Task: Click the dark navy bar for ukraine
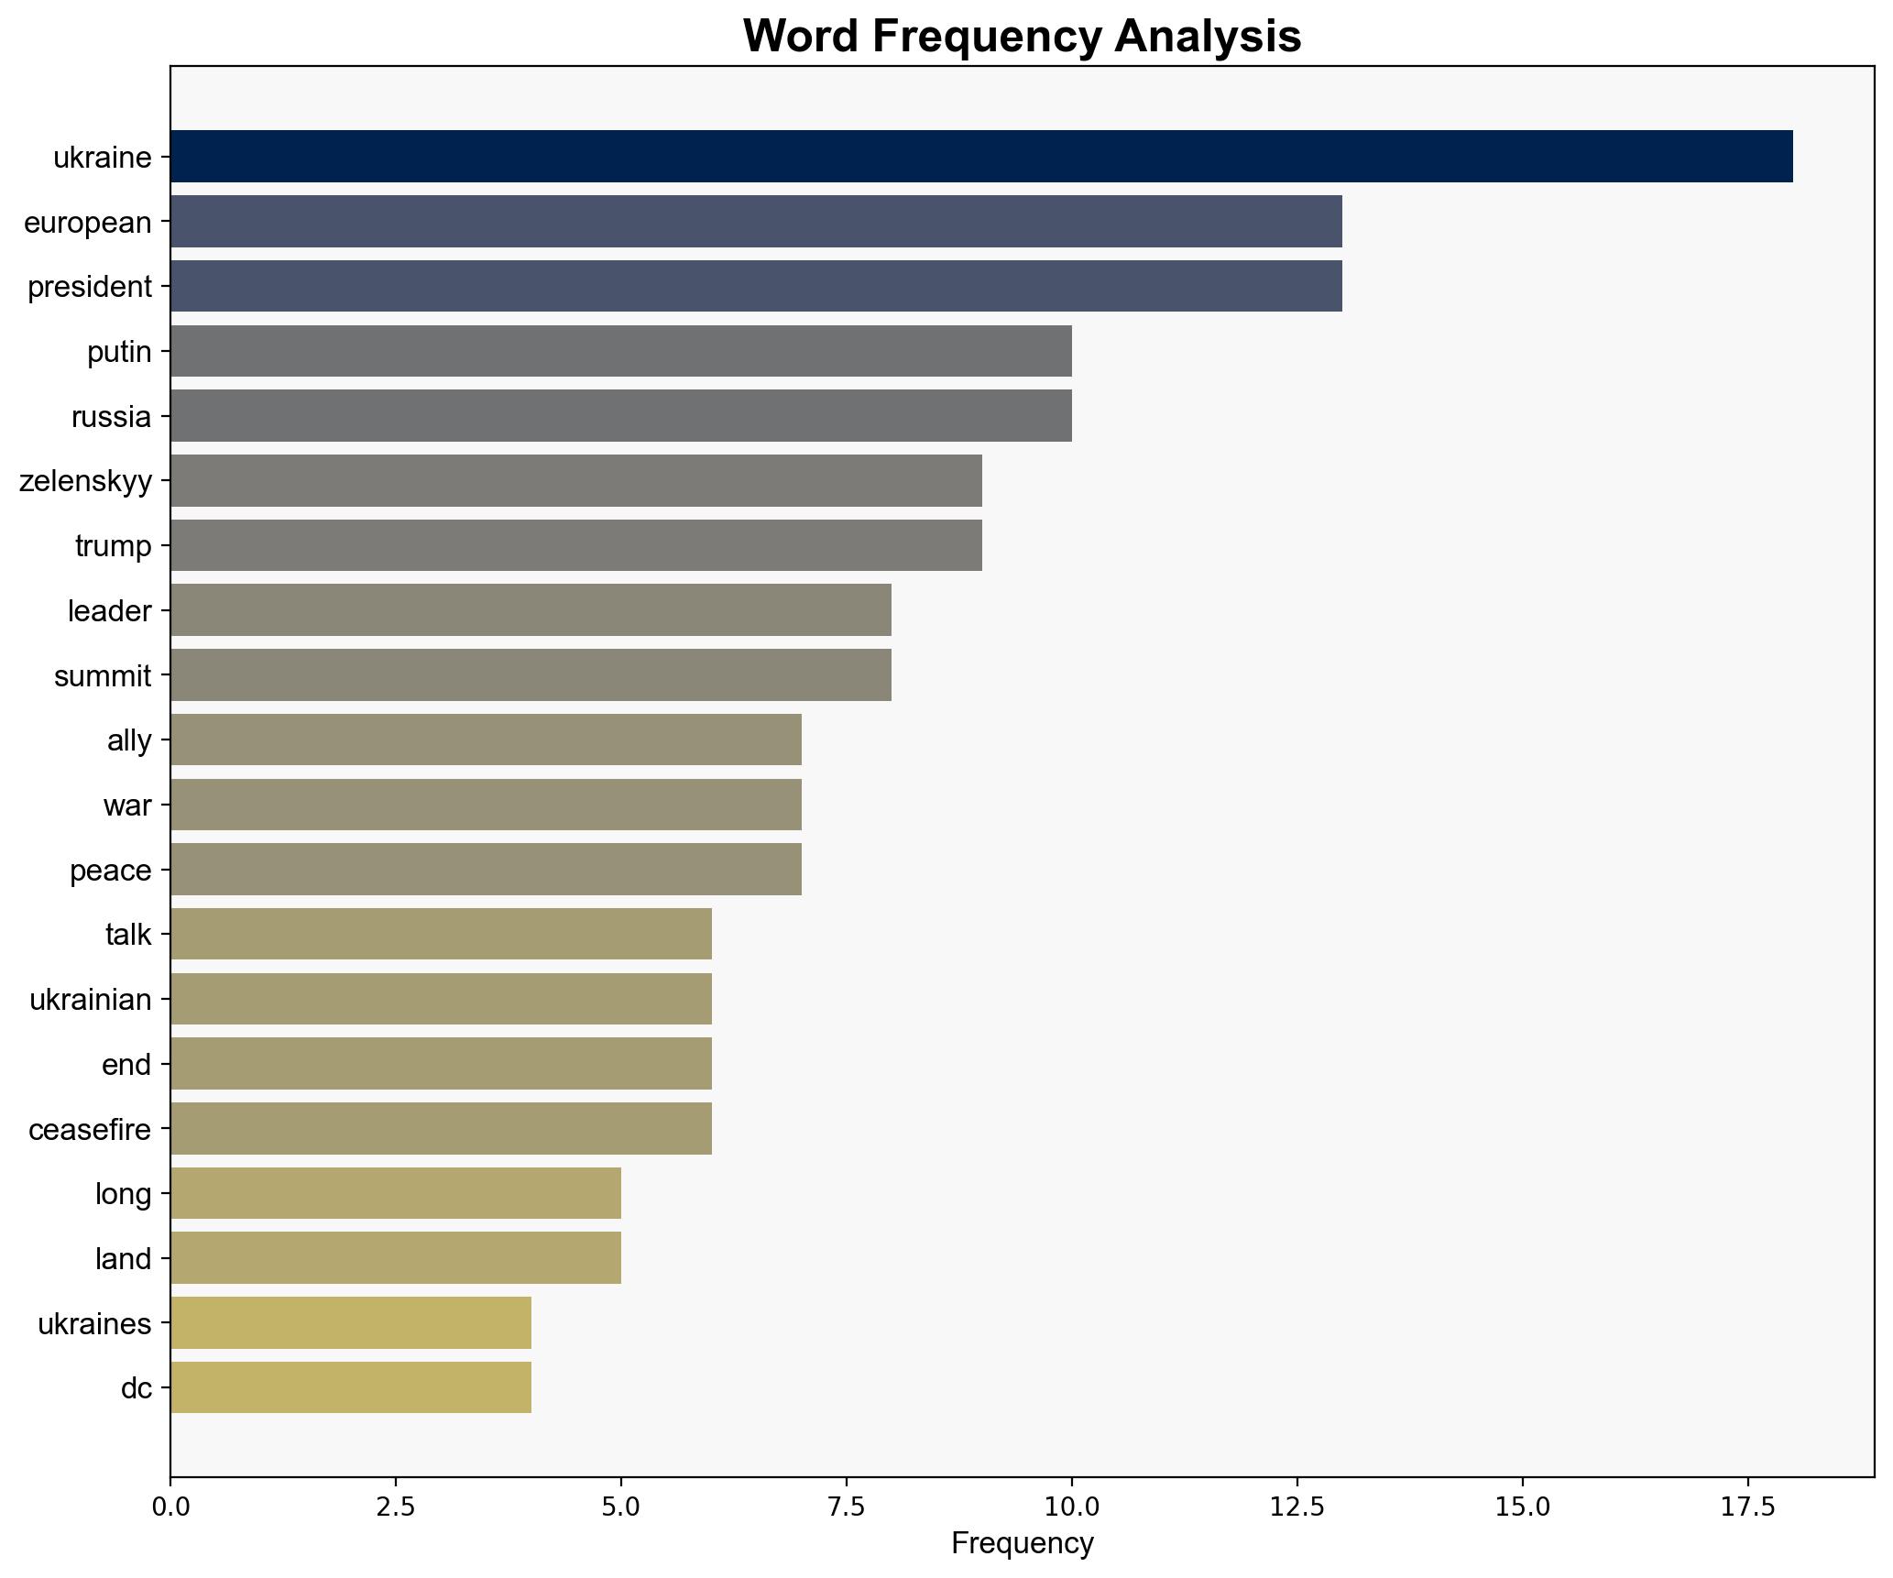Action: [x=980, y=157]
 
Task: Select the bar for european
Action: [x=756, y=222]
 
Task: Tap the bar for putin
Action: [x=620, y=351]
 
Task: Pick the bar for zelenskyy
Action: [x=575, y=480]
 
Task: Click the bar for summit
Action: [x=531, y=675]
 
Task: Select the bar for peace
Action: [x=486, y=870]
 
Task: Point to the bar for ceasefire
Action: [x=441, y=1129]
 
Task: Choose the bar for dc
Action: [x=350, y=1388]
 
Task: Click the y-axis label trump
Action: [x=113, y=546]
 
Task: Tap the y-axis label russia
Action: [x=111, y=417]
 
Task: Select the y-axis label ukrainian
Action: [x=90, y=1000]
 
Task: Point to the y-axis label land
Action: [x=123, y=1259]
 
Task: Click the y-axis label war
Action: [x=126, y=805]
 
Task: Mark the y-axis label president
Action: [x=89, y=287]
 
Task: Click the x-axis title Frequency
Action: [x=1022, y=1544]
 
